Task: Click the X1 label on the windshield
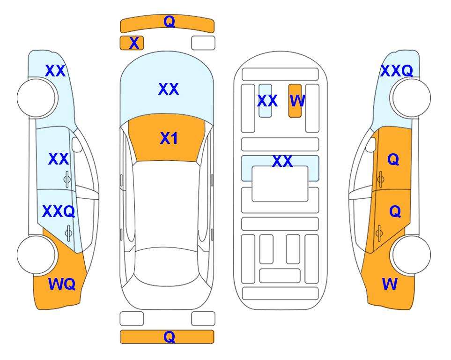pos(169,138)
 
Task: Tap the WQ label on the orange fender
pos(62,284)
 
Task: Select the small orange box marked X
pos(132,43)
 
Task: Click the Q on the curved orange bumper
pos(169,22)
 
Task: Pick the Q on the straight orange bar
pos(169,337)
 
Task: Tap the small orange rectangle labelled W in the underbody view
pos(295,101)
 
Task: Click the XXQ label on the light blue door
pos(59,211)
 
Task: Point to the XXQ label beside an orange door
pos(397,71)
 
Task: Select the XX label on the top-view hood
pos(169,89)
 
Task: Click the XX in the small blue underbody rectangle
pos(267,101)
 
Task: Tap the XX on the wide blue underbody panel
pos(282,161)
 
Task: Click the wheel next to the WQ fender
pos(36,255)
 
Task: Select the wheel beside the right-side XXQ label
pos(412,98)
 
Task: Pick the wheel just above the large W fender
pos(412,255)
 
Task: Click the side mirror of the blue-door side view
pos(77,144)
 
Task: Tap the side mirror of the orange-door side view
pos(371,144)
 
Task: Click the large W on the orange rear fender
pos(390,284)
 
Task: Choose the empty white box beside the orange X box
pos(203,43)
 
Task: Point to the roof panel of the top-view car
pos(166,204)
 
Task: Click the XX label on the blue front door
pos(59,159)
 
